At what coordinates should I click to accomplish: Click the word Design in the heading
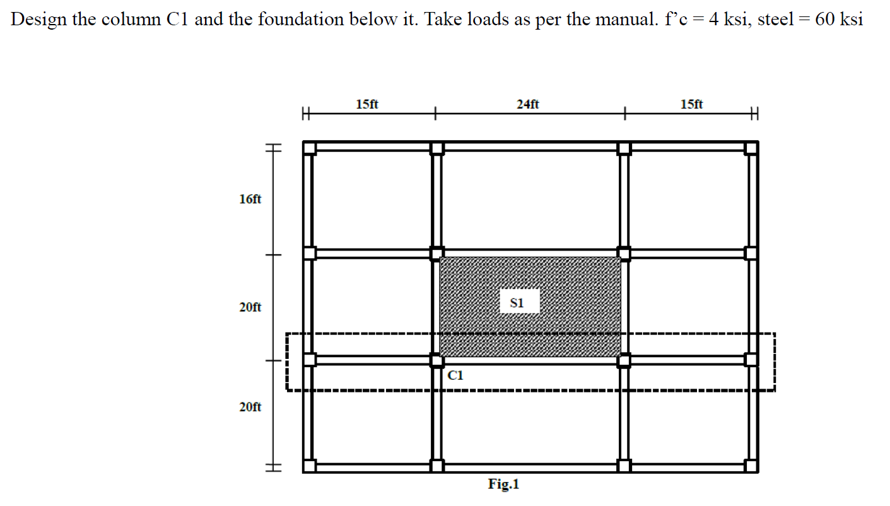click(38, 20)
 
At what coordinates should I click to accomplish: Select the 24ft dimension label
click(527, 104)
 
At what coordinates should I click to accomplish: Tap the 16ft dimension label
click(250, 199)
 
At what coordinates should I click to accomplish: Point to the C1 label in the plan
click(455, 375)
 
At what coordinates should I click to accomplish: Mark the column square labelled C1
click(436, 360)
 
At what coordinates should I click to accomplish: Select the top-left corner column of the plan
click(309, 148)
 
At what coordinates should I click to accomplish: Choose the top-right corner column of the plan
click(751, 148)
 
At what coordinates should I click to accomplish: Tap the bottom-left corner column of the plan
click(309, 466)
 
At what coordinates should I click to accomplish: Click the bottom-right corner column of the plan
click(751, 466)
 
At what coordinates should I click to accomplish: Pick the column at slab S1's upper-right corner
click(624, 253)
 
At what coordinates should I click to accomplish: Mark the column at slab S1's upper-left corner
click(436, 253)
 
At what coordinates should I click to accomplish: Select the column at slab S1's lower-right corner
click(624, 360)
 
